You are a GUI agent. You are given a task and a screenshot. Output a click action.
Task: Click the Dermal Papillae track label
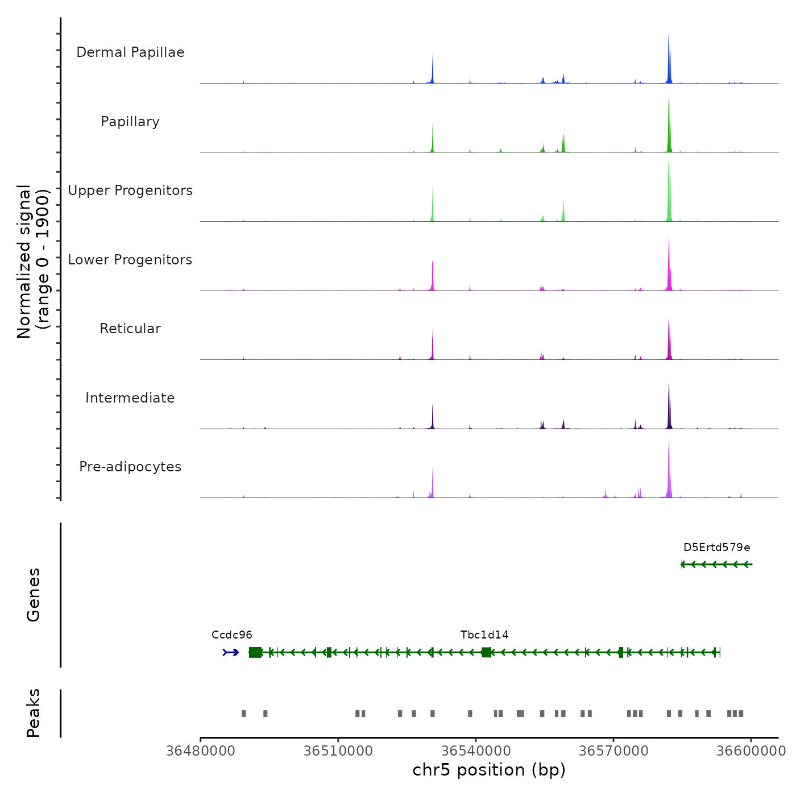(x=130, y=52)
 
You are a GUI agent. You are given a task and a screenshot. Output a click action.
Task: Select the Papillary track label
(x=130, y=122)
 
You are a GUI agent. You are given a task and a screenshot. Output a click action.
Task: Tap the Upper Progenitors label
(x=130, y=190)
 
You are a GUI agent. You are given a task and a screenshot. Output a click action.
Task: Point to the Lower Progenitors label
(x=130, y=260)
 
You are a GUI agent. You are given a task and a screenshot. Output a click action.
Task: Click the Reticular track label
(x=130, y=329)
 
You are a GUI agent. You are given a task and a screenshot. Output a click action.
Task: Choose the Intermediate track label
(x=130, y=398)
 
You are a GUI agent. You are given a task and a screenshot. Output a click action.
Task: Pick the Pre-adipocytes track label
(x=130, y=467)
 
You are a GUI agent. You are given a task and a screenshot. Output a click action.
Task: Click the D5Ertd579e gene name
(x=716, y=548)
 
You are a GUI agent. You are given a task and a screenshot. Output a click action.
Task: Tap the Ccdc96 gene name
(x=231, y=635)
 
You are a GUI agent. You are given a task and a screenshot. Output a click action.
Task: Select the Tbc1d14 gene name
(x=484, y=635)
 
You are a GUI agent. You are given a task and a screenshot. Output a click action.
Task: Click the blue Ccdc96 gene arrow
(x=231, y=652)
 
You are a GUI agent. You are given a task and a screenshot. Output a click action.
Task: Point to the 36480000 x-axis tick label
(x=200, y=751)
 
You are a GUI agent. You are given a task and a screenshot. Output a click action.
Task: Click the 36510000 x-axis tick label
(x=338, y=751)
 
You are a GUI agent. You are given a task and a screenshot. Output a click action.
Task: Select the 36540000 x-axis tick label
(x=476, y=751)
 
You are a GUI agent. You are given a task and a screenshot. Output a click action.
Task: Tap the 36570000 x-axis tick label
(x=613, y=751)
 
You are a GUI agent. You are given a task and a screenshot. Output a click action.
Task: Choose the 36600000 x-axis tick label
(x=751, y=751)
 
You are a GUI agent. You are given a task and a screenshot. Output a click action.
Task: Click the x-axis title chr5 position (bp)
(x=489, y=770)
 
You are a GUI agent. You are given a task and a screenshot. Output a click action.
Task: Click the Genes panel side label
(x=34, y=595)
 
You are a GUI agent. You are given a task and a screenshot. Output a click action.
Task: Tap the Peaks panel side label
(x=34, y=713)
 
